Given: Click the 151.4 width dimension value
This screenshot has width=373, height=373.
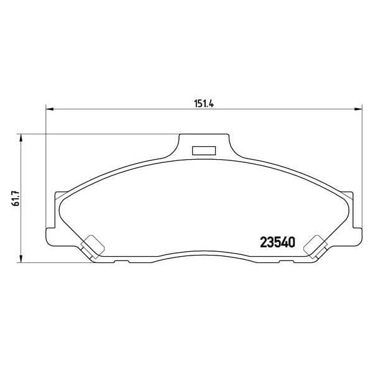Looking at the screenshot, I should point(203,103).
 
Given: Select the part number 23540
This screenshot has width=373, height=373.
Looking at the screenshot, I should point(275,242).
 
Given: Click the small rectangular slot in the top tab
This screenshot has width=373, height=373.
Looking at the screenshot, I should point(203,150).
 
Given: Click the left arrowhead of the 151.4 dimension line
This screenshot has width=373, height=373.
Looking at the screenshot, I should point(50,109).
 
